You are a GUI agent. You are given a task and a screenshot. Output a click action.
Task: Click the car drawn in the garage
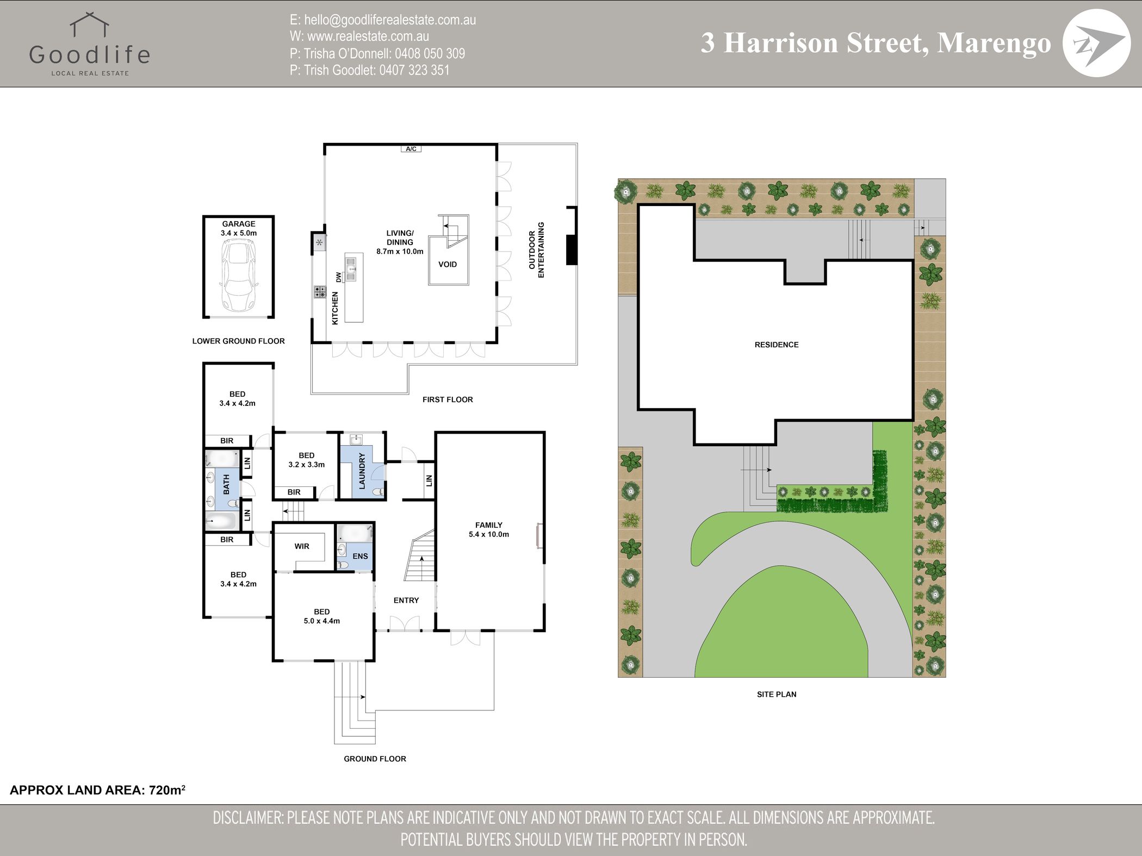tap(238, 276)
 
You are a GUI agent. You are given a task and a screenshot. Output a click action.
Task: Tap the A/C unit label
tap(411, 149)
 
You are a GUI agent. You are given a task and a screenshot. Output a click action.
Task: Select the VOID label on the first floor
tap(448, 265)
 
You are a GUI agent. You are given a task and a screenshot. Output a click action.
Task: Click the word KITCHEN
tap(335, 308)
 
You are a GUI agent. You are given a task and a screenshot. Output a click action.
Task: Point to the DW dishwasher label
tap(339, 277)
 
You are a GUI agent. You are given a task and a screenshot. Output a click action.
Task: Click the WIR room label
tap(302, 546)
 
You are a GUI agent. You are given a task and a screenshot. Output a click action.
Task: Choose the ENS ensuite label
tap(360, 556)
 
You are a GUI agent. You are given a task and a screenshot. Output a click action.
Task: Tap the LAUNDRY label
tap(362, 471)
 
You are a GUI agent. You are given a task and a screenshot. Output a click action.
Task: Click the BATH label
tap(227, 484)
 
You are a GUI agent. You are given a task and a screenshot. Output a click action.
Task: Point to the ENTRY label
tap(406, 600)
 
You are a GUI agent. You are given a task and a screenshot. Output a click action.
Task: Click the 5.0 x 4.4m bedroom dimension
tap(322, 621)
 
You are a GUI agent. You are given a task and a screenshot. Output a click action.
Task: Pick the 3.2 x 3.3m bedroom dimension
tap(307, 465)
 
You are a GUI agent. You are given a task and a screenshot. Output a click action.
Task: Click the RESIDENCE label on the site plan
tap(777, 345)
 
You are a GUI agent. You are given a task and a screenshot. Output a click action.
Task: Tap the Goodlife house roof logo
tap(90, 26)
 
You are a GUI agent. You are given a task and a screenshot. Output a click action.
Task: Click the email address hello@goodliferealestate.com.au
tap(390, 20)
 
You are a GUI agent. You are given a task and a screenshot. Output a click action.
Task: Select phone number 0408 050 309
tap(430, 53)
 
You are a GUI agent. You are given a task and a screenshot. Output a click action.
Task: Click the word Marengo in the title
tap(994, 43)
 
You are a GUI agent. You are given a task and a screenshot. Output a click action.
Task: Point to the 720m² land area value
tap(167, 790)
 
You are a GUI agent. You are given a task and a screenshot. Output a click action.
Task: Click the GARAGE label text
tap(239, 224)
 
